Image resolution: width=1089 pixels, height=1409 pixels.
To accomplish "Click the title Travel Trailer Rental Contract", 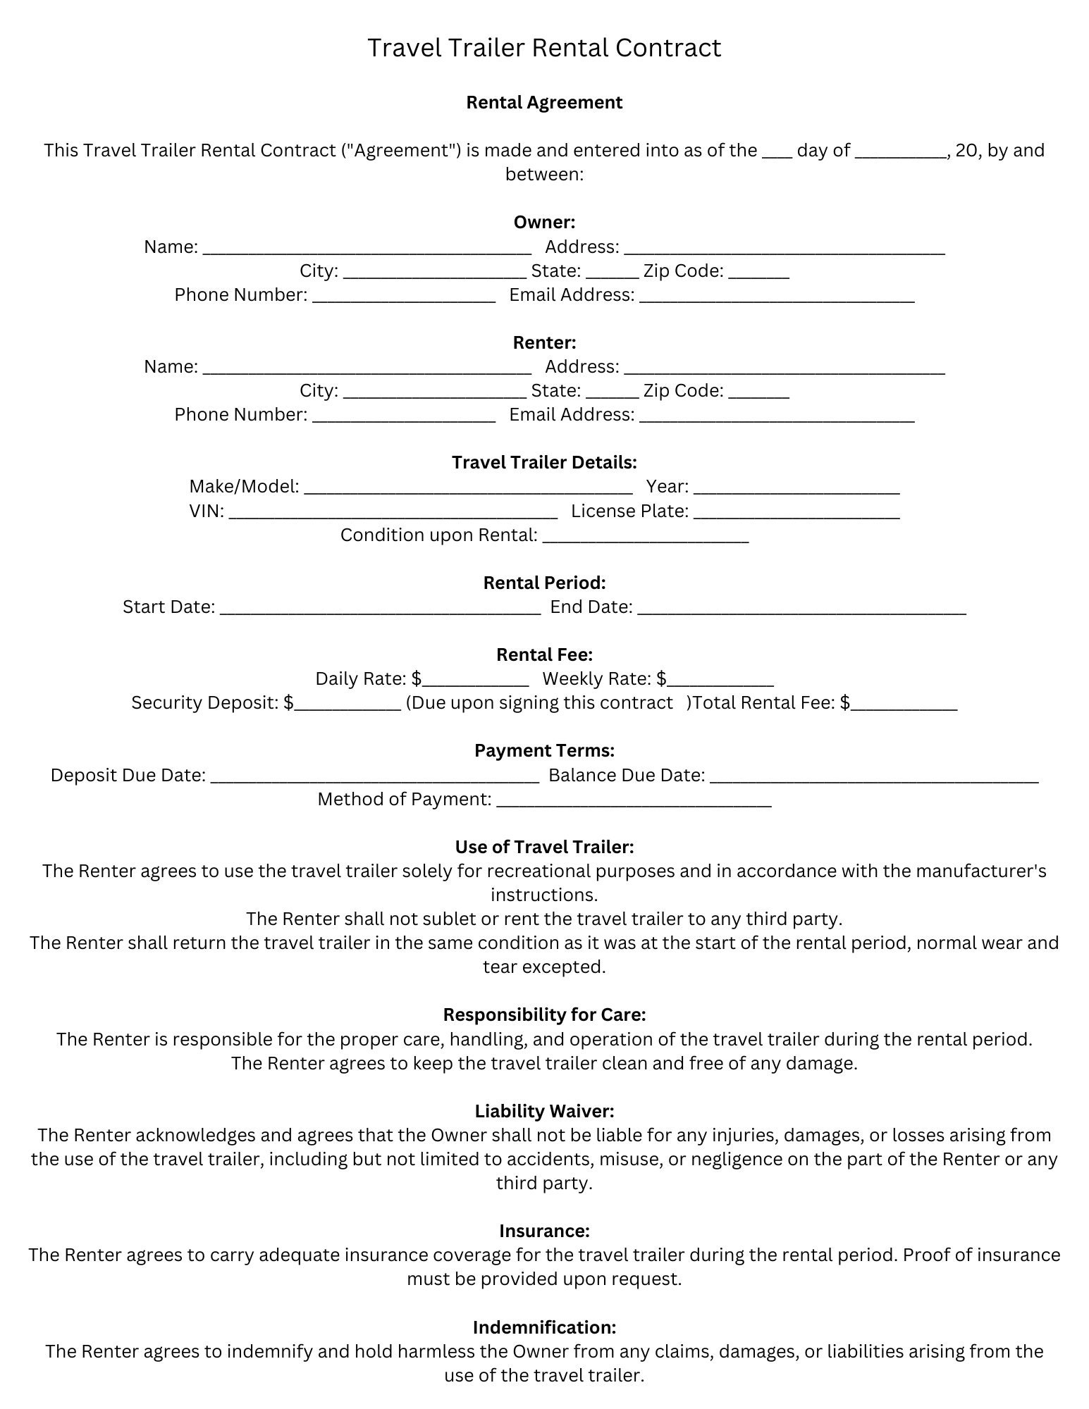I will (x=544, y=48).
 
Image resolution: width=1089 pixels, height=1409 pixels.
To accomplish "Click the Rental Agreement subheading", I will (x=544, y=102).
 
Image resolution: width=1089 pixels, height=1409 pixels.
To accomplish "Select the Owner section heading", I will (x=544, y=223).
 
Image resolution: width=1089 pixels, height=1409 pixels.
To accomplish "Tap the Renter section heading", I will (x=544, y=342).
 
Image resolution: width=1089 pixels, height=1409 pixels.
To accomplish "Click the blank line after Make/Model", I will (x=468, y=488).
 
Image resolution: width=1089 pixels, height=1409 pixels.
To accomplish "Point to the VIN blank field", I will (x=393, y=512).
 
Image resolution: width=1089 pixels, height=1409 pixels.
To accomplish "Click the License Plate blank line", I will (x=796, y=512).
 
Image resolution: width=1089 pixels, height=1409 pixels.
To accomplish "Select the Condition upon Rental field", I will (x=646, y=536).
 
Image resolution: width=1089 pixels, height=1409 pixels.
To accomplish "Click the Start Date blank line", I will (x=380, y=608).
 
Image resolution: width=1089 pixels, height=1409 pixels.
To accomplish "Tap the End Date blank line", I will (x=801, y=608).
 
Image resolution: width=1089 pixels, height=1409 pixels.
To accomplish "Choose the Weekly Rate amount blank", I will (x=720, y=680).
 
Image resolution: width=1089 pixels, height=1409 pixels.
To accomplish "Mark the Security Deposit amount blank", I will (x=347, y=704).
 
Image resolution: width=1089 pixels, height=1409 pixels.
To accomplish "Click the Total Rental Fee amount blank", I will (x=904, y=704).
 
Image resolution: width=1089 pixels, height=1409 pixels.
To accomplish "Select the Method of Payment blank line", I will (x=634, y=800).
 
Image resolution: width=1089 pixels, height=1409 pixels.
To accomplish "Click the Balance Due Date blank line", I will (x=874, y=776).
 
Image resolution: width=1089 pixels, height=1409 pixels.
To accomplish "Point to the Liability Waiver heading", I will (x=544, y=1111).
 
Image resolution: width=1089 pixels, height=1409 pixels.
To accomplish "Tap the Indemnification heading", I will (x=544, y=1327).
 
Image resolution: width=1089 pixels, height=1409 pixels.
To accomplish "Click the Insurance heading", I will (x=544, y=1231).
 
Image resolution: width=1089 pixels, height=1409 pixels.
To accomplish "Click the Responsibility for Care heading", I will (x=544, y=1014).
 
